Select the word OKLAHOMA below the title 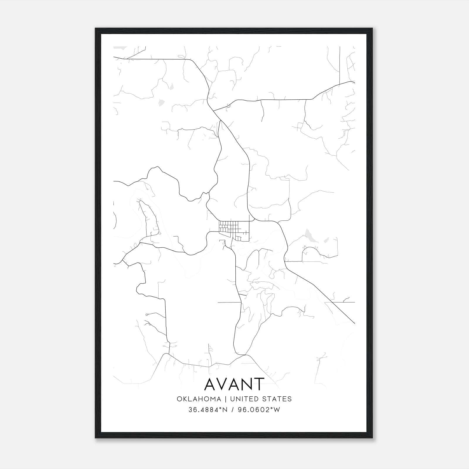coord(199,399)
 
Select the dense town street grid coord(234,230)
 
